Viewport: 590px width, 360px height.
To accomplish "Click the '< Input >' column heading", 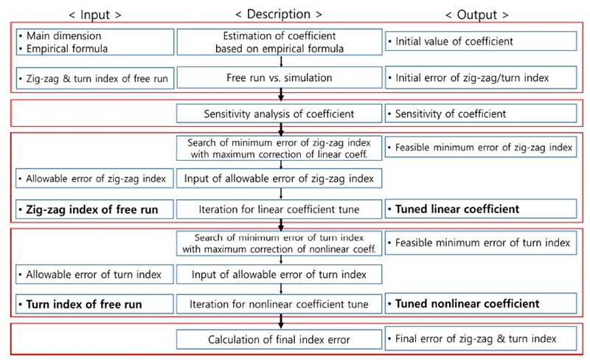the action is pyautogui.click(x=95, y=15).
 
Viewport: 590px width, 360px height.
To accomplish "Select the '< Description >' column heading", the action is pyautogui.click(x=279, y=14).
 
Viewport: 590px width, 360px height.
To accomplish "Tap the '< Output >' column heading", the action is pyautogui.click(x=476, y=15).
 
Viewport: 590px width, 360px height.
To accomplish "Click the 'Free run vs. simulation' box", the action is pyautogui.click(x=280, y=77).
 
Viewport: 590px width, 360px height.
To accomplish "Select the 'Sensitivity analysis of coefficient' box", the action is pyautogui.click(x=280, y=114).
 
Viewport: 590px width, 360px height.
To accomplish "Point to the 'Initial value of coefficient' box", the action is pyautogui.click(x=481, y=41).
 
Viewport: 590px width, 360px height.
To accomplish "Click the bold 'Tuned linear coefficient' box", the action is pyautogui.click(x=481, y=209).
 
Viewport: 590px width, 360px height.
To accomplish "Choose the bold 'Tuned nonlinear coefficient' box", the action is pyautogui.click(x=481, y=303).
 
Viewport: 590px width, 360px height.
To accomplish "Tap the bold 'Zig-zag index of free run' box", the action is pyautogui.click(x=95, y=210).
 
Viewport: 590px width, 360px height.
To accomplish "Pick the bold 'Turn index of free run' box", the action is pyautogui.click(x=95, y=304).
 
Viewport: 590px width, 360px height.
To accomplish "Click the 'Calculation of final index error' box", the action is pyautogui.click(x=280, y=339).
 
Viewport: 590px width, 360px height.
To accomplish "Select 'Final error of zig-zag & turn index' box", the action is pyautogui.click(x=481, y=339).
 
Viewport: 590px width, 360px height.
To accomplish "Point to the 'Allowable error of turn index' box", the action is pyautogui.click(x=95, y=274).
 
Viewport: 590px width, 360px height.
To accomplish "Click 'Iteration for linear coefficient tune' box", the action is pyautogui.click(x=280, y=210).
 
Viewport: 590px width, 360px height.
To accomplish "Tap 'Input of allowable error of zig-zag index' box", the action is pyautogui.click(x=280, y=179).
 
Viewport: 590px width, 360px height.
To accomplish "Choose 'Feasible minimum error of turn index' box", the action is pyautogui.click(x=481, y=243).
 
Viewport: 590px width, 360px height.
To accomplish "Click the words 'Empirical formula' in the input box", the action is pyautogui.click(x=67, y=49).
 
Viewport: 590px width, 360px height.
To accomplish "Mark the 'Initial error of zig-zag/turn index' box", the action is pyautogui.click(x=481, y=77).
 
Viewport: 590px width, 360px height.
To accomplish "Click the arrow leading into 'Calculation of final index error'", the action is pyautogui.click(x=281, y=322).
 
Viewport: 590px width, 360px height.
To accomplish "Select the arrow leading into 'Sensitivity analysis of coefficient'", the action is pyautogui.click(x=281, y=95).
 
